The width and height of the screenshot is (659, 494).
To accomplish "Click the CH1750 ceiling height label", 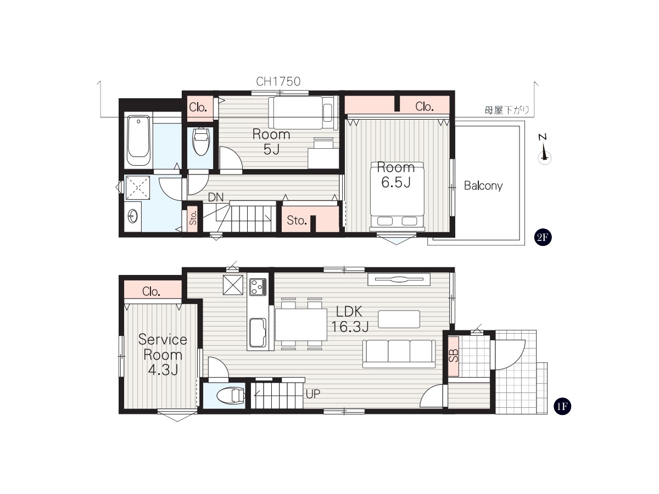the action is [x=278, y=81].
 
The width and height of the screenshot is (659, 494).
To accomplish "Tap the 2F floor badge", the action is [x=543, y=237].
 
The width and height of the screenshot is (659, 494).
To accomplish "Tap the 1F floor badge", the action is [x=562, y=406].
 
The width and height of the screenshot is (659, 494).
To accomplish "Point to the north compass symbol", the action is [x=544, y=150].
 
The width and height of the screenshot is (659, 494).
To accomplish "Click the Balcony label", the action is [x=483, y=186].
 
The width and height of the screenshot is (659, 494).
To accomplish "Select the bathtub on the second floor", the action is [x=138, y=141].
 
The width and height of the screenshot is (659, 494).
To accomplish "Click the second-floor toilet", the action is [x=201, y=142].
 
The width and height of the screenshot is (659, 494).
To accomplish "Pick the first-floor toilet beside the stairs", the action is [x=230, y=396].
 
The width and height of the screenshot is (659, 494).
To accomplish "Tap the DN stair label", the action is [x=216, y=198].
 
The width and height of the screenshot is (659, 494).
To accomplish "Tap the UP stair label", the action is [x=313, y=394].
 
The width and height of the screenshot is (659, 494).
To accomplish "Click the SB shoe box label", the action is [x=454, y=356].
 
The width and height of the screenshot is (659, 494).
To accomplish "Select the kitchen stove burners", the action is [x=258, y=287].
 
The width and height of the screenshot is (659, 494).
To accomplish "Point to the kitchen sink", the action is [x=258, y=333].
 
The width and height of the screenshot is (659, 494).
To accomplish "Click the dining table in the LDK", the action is [x=301, y=324].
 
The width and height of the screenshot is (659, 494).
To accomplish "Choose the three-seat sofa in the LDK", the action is [x=399, y=354].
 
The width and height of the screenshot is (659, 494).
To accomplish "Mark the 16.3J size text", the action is [x=350, y=327].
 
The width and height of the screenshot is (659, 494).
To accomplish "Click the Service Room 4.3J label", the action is [x=163, y=355].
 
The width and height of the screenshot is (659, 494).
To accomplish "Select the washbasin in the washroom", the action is [x=133, y=216].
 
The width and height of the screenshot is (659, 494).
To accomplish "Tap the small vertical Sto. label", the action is [x=193, y=218].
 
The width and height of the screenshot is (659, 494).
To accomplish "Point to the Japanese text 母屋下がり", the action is [x=507, y=110].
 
